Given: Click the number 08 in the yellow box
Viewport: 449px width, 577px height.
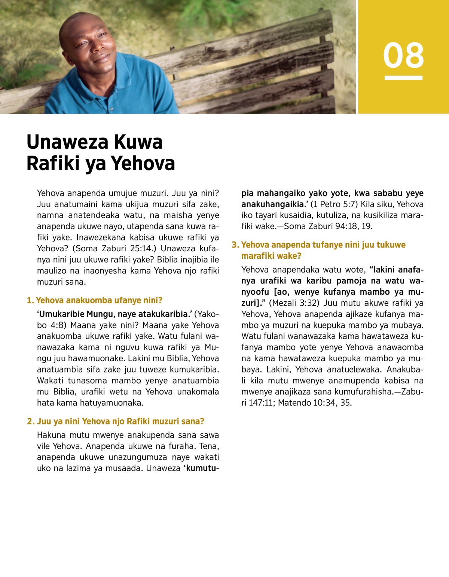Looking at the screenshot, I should [x=403, y=55].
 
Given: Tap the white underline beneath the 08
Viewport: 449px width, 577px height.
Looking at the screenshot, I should [x=403, y=78].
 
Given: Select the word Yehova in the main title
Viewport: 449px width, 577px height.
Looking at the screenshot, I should [x=143, y=163].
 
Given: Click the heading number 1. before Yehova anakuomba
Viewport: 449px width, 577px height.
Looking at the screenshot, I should [x=30, y=300].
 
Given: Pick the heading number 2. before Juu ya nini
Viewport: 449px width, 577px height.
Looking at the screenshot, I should [x=31, y=421].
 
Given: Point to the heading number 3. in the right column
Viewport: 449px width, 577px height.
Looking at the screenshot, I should [x=235, y=245].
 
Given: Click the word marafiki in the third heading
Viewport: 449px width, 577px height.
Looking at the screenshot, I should [x=258, y=256].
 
